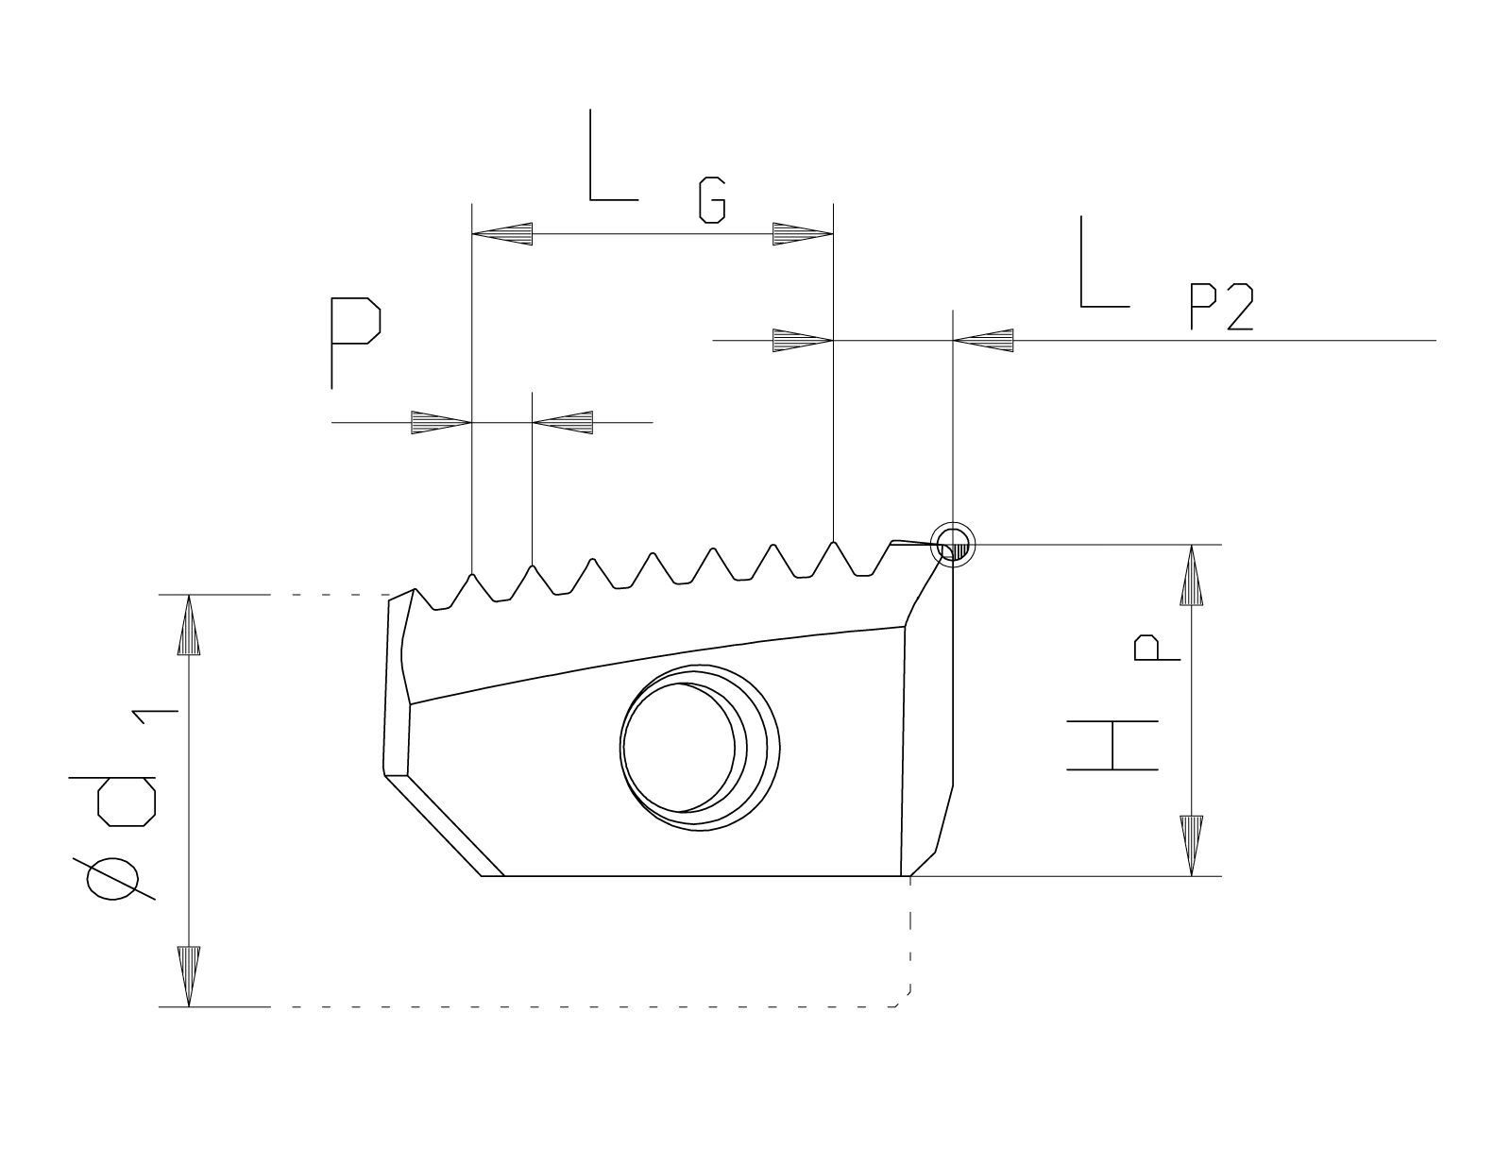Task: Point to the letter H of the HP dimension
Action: pyautogui.click(x=1112, y=745)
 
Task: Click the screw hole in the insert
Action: pyautogui.click(x=699, y=746)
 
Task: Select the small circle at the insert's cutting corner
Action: pyautogui.click(x=952, y=545)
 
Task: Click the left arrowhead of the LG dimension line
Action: pyautogui.click(x=502, y=233)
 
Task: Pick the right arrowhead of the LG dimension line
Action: pyautogui.click(x=803, y=233)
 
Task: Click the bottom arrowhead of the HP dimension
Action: pyautogui.click(x=1193, y=846)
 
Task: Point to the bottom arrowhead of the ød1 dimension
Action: pyautogui.click(x=190, y=976)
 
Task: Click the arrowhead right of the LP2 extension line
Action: pyautogui.click(x=984, y=340)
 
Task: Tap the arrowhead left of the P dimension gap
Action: pyautogui.click(x=441, y=422)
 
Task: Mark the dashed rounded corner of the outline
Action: pyautogui.click(x=901, y=999)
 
